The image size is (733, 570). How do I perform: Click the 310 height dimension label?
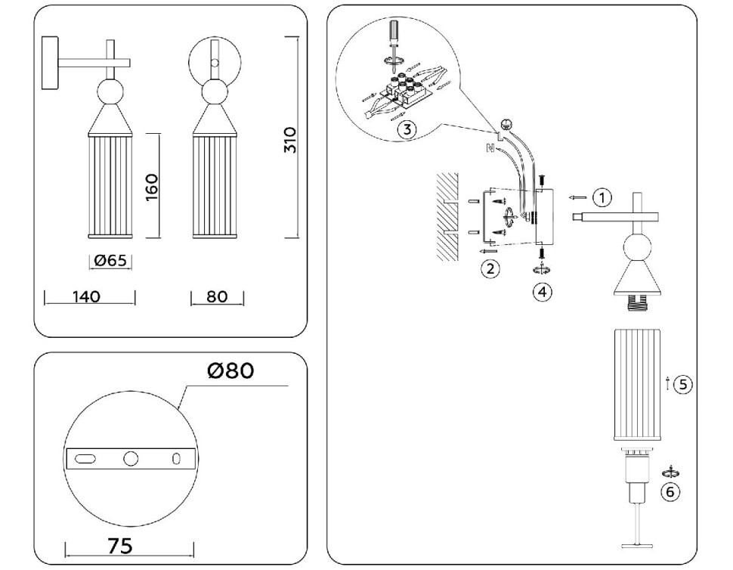click(x=289, y=141)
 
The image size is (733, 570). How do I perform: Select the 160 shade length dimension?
click(x=151, y=185)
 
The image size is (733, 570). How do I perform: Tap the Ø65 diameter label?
click(x=110, y=261)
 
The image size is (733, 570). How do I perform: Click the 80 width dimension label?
click(x=217, y=296)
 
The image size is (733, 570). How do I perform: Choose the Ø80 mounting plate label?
click(x=230, y=370)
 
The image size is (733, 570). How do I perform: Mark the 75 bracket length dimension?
click(x=120, y=546)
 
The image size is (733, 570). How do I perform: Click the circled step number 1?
click(x=602, y=197)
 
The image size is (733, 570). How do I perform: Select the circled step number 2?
click(x=491, y=268)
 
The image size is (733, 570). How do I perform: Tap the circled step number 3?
click(x=406, y=129)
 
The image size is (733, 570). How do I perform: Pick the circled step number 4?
click(x=541, y=290)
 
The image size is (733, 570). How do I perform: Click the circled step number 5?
click(x=682, y=384)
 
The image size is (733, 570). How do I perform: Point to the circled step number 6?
click(x=670, y=491)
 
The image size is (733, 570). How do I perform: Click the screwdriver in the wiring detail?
click(x=392, y=42)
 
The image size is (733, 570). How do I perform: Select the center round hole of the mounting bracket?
click(x=131, y=457)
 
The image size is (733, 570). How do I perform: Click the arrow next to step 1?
click(x=577, y=197)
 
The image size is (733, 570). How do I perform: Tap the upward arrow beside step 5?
click(x=667, y=383)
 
